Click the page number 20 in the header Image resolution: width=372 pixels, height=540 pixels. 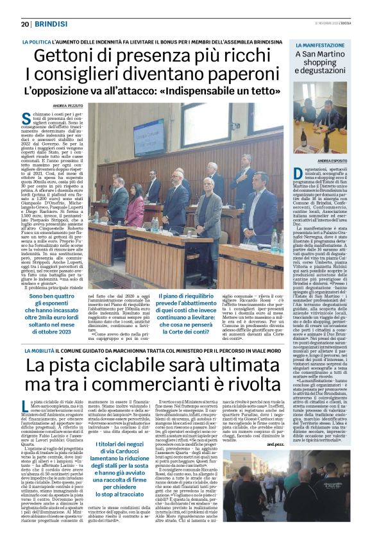(x=26, y=24)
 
